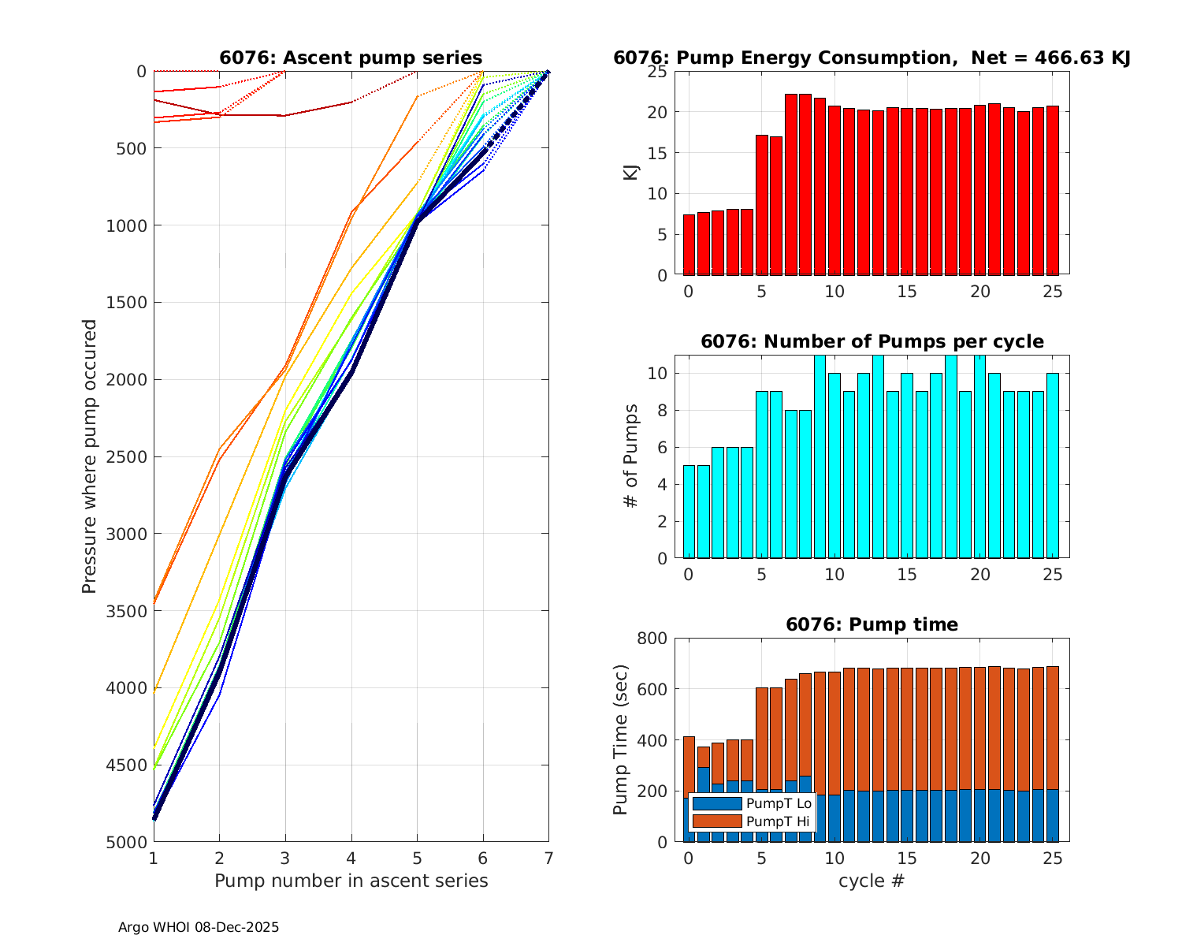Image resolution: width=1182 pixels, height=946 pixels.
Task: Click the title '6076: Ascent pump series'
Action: click(351, 58)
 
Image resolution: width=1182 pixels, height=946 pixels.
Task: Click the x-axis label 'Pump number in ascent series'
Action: click(351, 881)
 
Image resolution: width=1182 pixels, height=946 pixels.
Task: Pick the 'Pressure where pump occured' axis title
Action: click(89, 456)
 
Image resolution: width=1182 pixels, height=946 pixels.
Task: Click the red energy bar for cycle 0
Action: click(689, 244)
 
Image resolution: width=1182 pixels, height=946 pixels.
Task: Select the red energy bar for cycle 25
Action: click(1053, 191)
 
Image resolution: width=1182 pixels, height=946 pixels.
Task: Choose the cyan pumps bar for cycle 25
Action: click(1053, 465)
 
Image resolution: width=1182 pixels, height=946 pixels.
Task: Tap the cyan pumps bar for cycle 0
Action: click(689, 512)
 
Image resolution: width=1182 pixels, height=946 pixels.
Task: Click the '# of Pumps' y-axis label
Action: click(631, 456)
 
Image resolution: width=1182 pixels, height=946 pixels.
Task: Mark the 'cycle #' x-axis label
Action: click(871, 881)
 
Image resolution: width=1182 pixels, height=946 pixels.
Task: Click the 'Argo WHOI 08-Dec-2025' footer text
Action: click(199, 927)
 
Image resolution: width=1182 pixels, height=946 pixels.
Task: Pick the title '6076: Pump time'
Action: click(872, 624)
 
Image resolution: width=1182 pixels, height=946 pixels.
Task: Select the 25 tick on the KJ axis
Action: click(657, 72)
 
